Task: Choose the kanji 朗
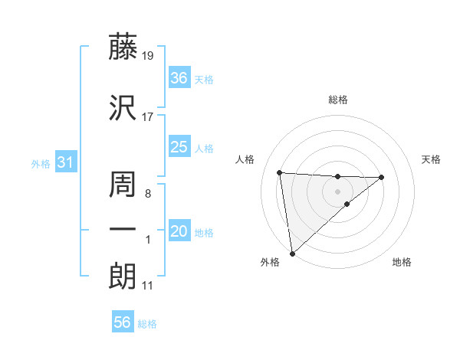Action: (123, 277)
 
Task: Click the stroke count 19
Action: (148, 56)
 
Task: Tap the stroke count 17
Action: (148, 117)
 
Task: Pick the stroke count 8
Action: (147, 194)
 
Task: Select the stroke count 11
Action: (147, 286)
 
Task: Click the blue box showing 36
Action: (179, 78)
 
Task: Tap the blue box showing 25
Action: (179, 148)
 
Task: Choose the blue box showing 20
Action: (179, 232)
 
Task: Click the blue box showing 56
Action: (122, 323)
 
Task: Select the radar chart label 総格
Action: (337, 100)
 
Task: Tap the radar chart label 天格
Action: (432, 159)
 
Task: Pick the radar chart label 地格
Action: (402, 262)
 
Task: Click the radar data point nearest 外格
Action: (291, 253)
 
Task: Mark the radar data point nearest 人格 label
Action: (280, 172)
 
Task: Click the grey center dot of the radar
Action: (337, 191)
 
